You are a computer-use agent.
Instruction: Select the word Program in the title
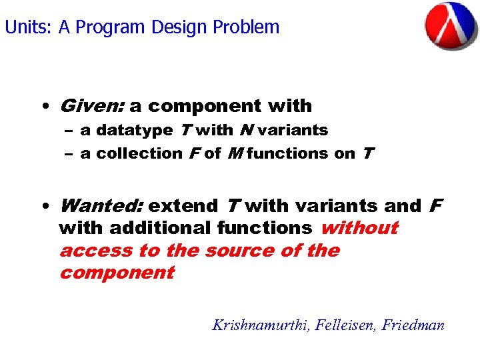pyautogui.click(x=111, y=27)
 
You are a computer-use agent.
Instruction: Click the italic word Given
pyautogui.click(x=91, y=106)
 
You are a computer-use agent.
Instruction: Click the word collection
pyautogui.click(x=139, y=153)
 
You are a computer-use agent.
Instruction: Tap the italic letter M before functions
pyautogui.click(x=233, y=153)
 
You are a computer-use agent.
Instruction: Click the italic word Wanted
pyautogui.click(x=101, y=206)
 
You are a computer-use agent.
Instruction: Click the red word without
pyautogui.click(x=359, y=228)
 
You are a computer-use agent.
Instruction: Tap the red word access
pyautogui.click(x=95, y=251)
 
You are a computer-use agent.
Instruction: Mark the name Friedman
pyautogui.click(x=413, y=325)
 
